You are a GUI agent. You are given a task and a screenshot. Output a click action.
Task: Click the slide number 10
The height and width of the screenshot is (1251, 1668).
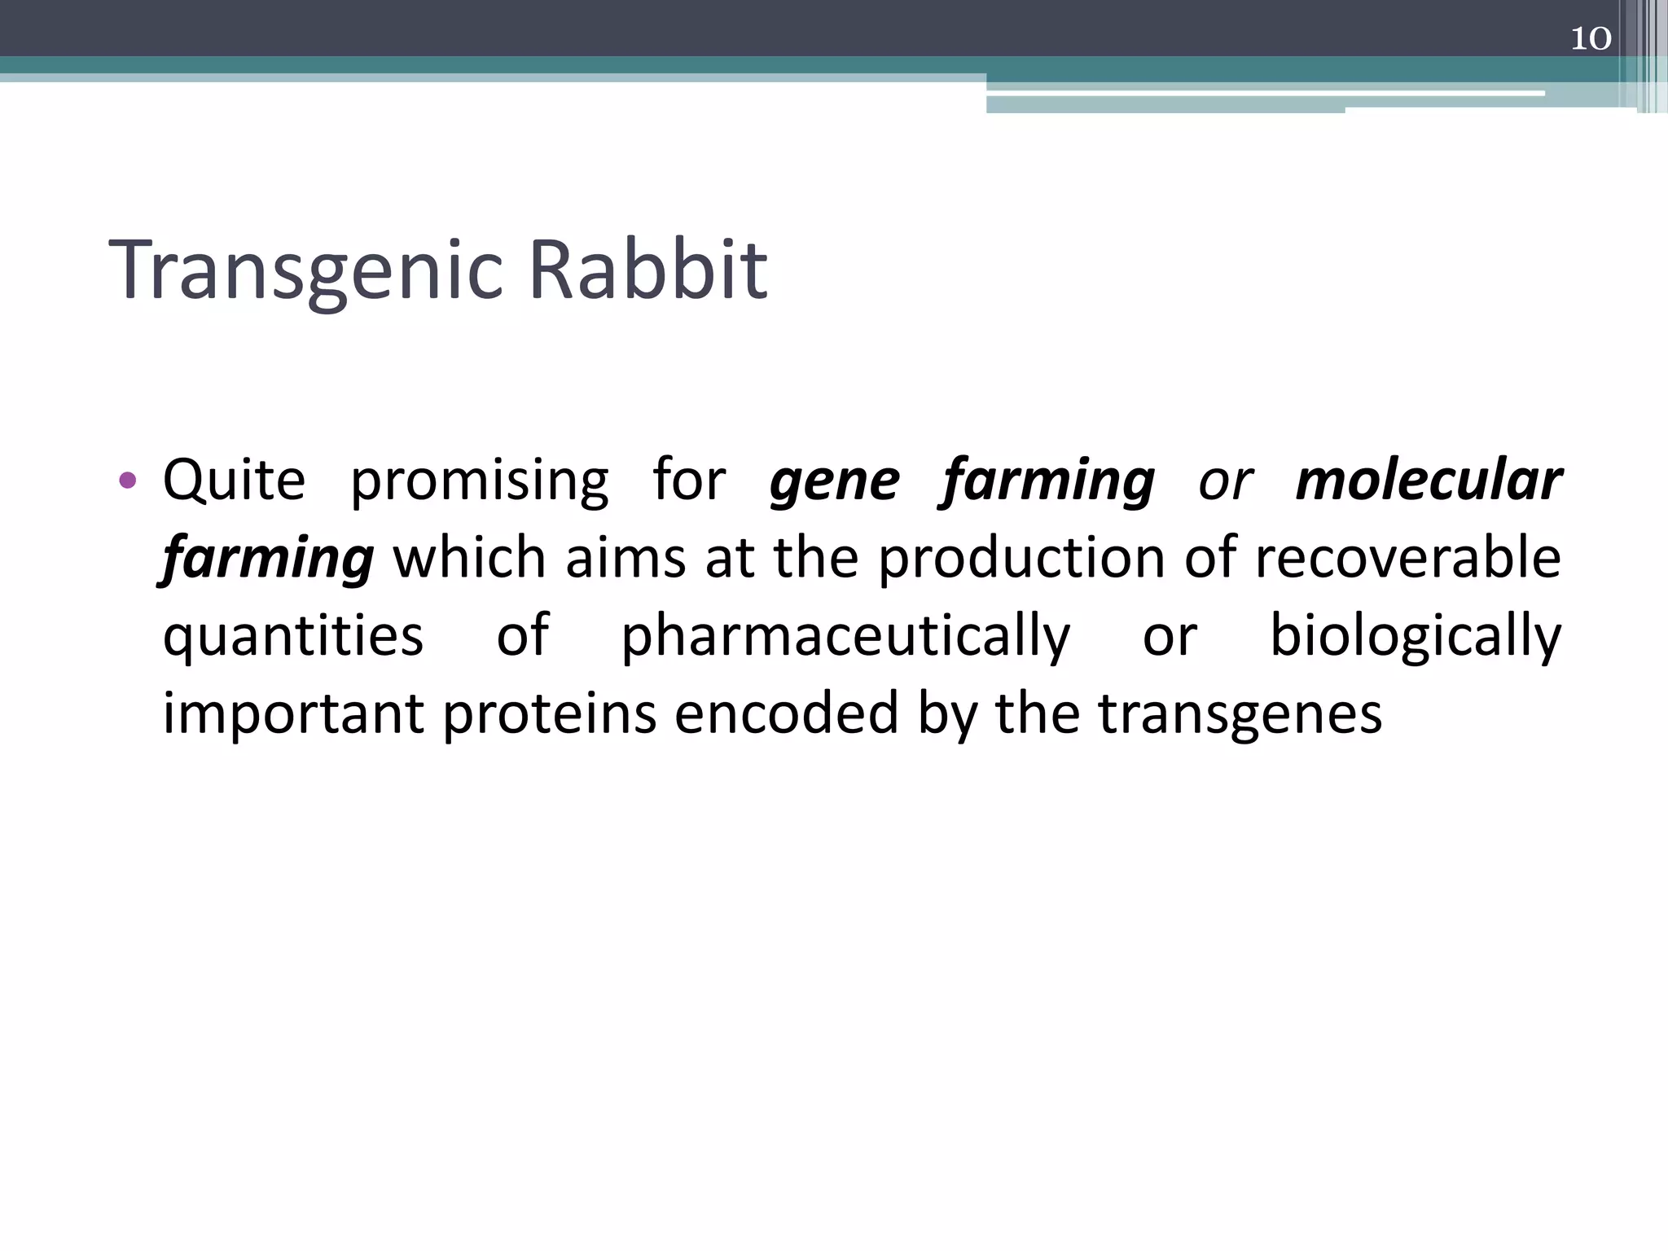(1590, 38)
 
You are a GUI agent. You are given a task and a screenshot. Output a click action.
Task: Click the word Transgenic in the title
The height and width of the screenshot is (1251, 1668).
(306, 270)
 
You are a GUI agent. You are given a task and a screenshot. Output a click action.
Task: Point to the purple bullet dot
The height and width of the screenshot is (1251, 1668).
(127, 480)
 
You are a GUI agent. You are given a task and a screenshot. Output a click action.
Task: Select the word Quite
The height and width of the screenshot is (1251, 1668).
(234, 480)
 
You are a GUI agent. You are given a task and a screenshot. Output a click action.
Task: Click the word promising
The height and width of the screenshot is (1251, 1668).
(479, 481)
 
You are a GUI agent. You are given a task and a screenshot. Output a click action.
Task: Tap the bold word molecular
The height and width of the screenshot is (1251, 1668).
(1429, 480)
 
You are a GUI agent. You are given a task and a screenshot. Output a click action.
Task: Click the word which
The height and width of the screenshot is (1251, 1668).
(469, 559)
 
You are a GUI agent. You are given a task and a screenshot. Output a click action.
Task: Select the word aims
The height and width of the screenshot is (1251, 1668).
(625, 559)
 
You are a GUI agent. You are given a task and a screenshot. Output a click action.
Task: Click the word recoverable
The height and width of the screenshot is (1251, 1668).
(1407, 559)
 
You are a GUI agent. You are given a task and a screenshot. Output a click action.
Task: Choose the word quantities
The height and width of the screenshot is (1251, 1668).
(293, 637)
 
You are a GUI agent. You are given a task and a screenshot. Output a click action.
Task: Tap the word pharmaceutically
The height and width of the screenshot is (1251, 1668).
(845, 637)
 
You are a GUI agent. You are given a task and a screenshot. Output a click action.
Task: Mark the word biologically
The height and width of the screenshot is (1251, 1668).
(1416, 637)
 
